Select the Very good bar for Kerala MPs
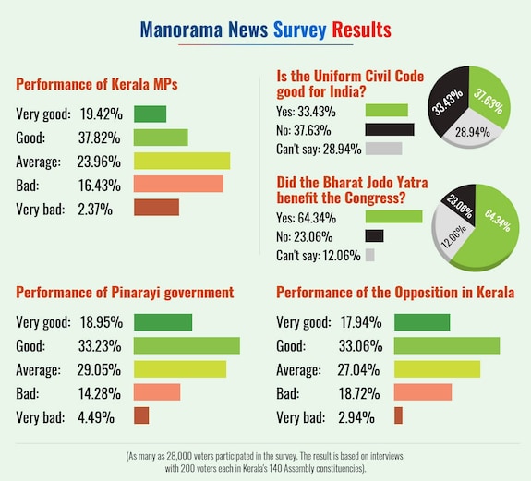150,114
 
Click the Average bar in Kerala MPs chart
181,161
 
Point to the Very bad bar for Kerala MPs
156,208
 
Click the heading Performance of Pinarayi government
125,293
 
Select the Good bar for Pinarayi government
187,346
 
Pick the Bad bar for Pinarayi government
157,392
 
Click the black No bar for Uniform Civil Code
389,129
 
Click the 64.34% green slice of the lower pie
482,231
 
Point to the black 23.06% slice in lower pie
453,204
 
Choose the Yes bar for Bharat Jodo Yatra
393,217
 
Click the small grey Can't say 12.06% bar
370,255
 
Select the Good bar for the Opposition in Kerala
446,346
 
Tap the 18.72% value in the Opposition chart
352,392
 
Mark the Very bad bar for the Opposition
398,416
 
